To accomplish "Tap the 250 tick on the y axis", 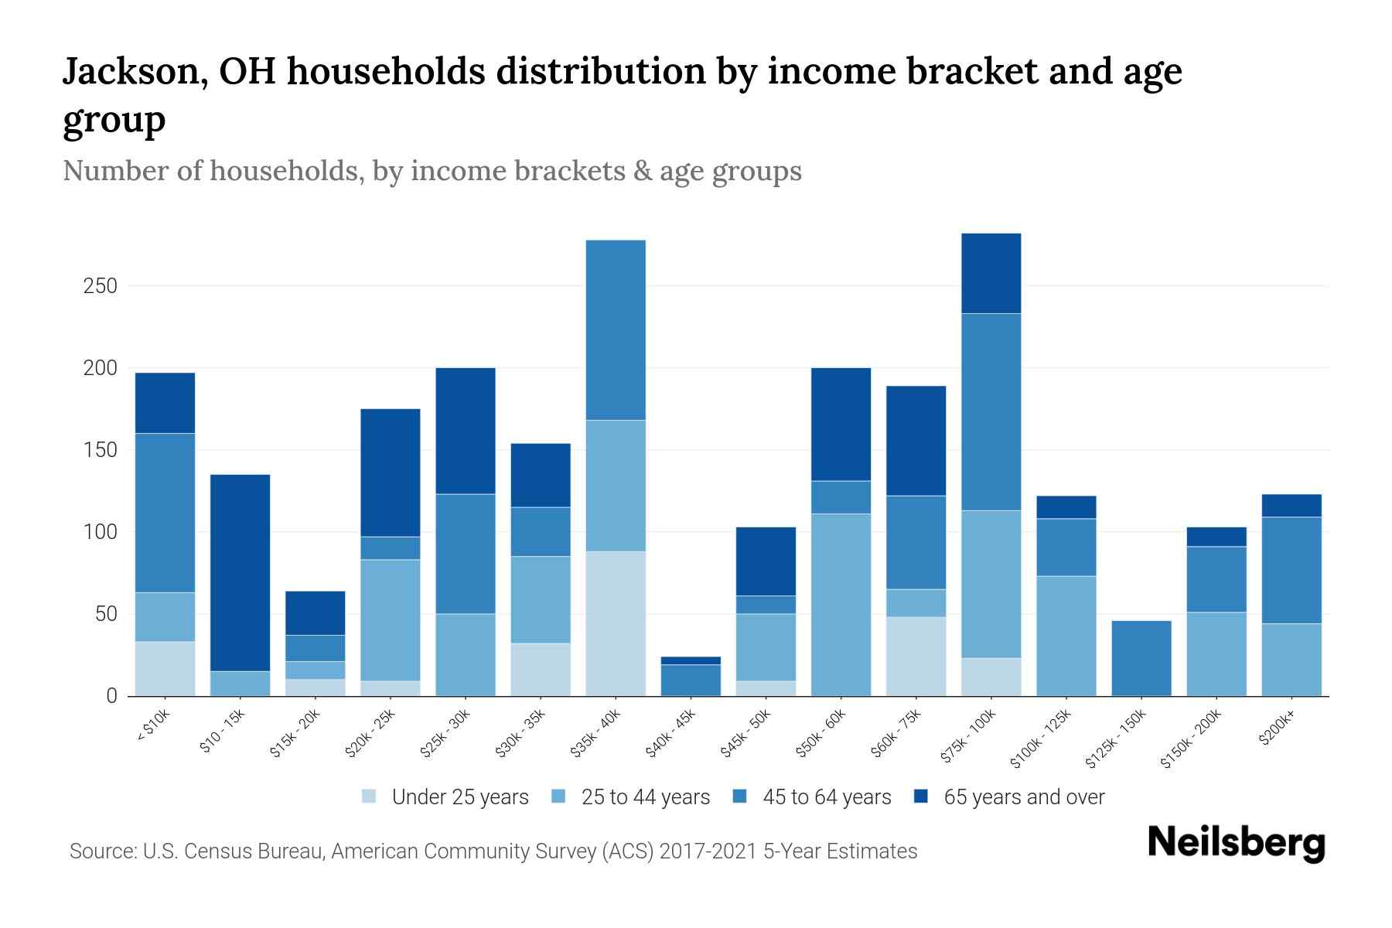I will pyautogui.click(x=100, y=286).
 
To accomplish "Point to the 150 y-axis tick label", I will pyautogui.click(x=100, y=450).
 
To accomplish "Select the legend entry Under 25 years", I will pyautogui.click(x=459, y=797).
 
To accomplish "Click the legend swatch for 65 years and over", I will pyautogui.click(x=921, y=797).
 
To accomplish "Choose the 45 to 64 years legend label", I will pyautogui.click(x=826, y=797).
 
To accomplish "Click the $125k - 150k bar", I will pyautogui.click(x=1141, y=658).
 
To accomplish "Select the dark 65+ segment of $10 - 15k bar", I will pyautogui.click(x=240, y=572).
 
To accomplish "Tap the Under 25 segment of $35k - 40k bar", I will pyautogui.click(x=616, y=623).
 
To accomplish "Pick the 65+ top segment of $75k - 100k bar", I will pyautogui.click(x=991, y=273).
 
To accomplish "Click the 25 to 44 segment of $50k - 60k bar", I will pyautogui.click(x=841, y=605).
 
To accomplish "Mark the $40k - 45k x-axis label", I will pyautogui.click(x=672, y=734).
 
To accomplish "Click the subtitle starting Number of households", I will pyautogui.click(x=432, y=171).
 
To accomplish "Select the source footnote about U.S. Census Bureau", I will pyautogui.click(x=493, y=851).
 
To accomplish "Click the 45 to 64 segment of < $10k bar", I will pyautogui.click(x=165, y=513).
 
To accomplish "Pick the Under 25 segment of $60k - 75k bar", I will pyautogui.click(x=916, y=656).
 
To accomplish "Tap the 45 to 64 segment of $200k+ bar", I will pyautogui.click(x=1291, y=570).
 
